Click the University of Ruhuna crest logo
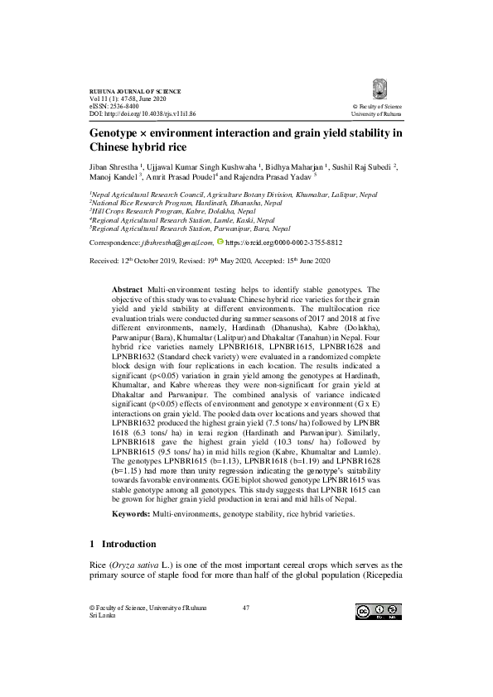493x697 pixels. (x=379, y=89)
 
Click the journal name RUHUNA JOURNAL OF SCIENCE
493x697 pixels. (x=134, y=89)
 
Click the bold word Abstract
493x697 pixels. (x=127, y=284)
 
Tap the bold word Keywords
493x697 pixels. (x=130, y=514)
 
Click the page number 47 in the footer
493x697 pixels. (x=245, y=608)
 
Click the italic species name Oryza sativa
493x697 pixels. (x=132, y=565)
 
